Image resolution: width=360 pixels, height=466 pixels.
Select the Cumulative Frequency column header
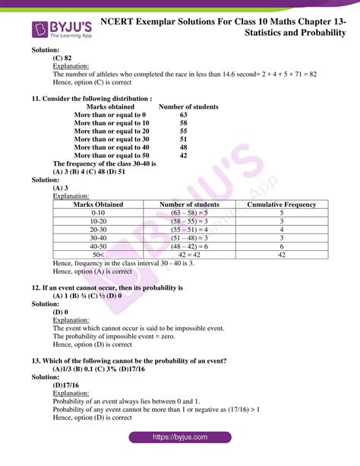pos(282,204)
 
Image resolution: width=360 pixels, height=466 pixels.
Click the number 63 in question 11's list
pos(183,115)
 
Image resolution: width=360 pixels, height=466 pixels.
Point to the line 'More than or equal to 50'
pos(112,155)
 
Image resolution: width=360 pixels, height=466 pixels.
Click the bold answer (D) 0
pos(61,312)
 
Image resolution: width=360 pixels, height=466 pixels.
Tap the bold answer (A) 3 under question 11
pos(61,188)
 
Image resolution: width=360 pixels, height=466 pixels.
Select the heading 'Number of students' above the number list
pos(188,107)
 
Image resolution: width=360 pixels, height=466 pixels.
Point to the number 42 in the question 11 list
pos(183,155)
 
